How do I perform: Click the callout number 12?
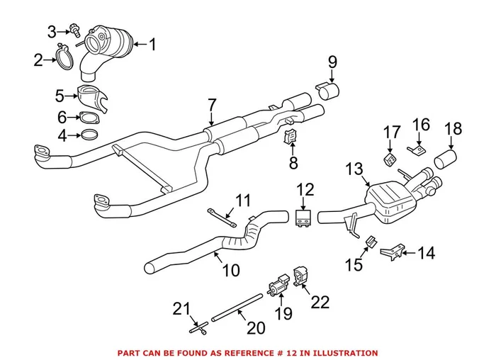click(x=305, y=189)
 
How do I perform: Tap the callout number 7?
click(x=211, y=105)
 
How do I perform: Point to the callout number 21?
click(x=183, y=308)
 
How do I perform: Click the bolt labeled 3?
click(x=74, y=30)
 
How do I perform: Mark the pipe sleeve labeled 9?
click(x=330, y=92)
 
